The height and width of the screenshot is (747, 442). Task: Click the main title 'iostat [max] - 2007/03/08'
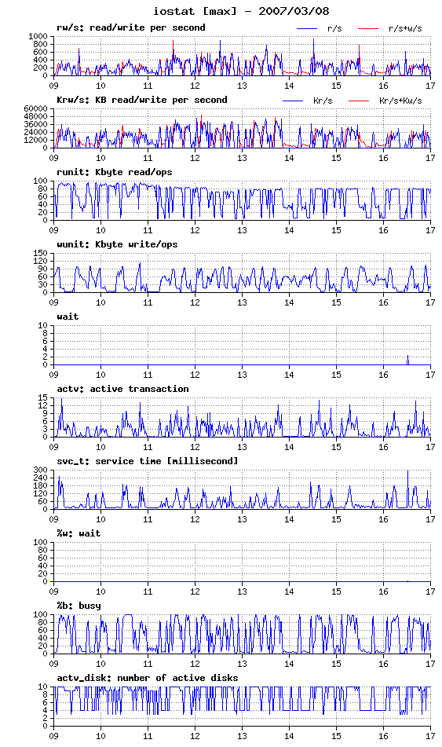click(241, 11)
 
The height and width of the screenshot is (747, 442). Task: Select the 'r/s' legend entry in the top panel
click(334, 28)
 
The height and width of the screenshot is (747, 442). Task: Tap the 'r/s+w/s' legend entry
click(405, 28)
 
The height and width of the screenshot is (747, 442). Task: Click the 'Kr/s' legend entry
click(323, 101)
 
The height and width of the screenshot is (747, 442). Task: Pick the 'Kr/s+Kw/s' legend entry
click(400, 101)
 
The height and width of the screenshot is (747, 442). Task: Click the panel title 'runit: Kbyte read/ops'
click(115, 173)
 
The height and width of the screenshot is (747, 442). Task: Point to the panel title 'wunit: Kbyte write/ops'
click(117, 245)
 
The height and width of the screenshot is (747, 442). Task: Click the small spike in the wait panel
click(407, 360)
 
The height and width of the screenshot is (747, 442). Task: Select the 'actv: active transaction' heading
click(123, 390)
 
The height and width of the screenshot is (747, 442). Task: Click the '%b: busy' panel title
click(79, 606)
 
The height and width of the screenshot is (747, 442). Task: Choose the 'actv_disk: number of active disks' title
click(147, 678)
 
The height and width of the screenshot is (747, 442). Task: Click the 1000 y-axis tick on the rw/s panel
click(38, 36)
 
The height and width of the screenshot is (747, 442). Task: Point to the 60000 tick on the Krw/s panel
click(36, 108)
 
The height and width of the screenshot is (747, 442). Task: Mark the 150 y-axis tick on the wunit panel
click(41, 253)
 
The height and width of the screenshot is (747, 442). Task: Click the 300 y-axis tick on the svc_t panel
click(41, 470)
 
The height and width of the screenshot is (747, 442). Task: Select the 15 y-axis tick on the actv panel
click(43, 397)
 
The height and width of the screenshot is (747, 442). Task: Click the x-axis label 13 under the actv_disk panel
click(242, 736)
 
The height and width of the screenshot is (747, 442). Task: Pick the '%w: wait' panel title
click(79, 533)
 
